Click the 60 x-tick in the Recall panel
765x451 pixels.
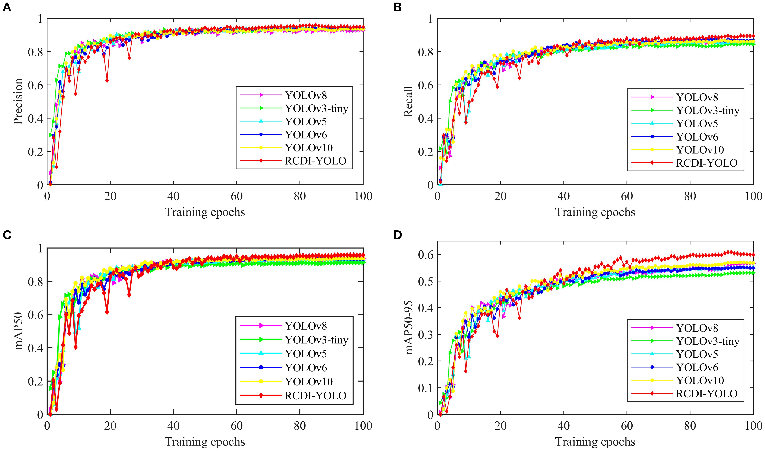click(x=627, y=196)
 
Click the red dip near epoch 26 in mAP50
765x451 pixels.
click(x=129, y=295)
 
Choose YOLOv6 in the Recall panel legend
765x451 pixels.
click(x=697, y=137)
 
